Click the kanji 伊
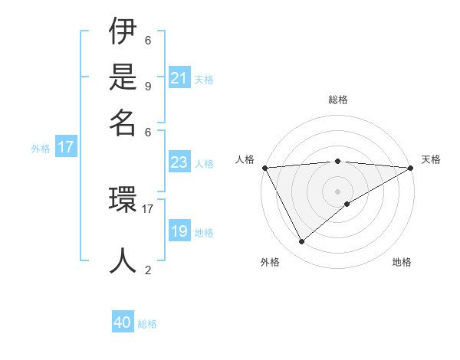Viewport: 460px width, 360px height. pos(123,34)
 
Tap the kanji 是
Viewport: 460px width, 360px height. pos(123,78)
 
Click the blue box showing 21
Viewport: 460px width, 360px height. pos(179,78)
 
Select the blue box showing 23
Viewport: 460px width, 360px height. pos(179,162)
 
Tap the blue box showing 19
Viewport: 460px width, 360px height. pos(179,232)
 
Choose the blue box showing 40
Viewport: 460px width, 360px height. pos(123,322)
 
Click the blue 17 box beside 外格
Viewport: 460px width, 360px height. pos(66,148)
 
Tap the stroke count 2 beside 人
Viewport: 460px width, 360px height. pos(148,270)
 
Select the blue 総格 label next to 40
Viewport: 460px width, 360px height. pos(147,324)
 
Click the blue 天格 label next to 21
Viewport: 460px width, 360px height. pos(204,80)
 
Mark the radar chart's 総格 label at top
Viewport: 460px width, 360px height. pos(337,100)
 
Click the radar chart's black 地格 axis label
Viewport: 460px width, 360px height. pos(402,262)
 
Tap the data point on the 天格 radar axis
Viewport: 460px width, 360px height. pos(411,168)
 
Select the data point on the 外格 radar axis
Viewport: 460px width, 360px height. pos(301,242)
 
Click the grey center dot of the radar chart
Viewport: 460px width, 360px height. pos(337,191)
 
